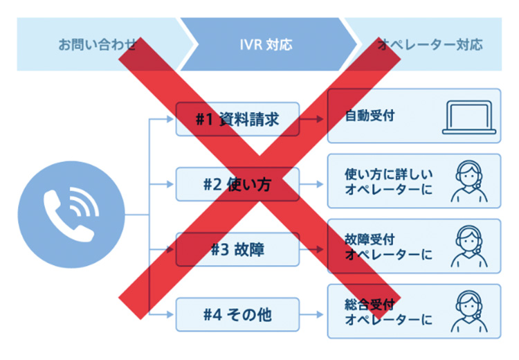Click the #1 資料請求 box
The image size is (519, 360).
point(237,119)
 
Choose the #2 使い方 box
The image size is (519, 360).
point(237,185)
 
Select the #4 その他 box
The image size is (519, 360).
point(237,315)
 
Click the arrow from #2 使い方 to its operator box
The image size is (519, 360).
point(313,185)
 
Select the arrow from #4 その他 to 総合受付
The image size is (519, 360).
point(313,315)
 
